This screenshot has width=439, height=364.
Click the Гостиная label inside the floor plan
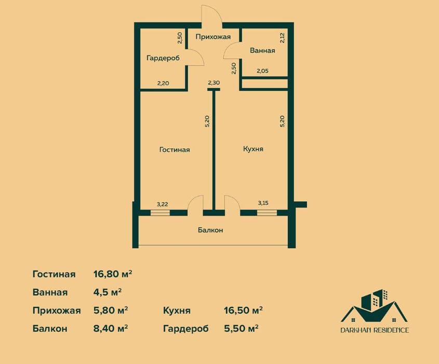pyautogui.click(x=175, y=150)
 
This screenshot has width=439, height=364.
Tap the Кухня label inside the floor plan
pyautogui.click(x=253, y=149)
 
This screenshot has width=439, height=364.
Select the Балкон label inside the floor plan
pyautogui.click(x=210, y=230)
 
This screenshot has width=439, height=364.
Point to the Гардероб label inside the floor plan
pyautogui.click(x=163, y=58)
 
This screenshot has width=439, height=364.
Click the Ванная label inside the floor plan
pyautogui.click(x=262, y=51)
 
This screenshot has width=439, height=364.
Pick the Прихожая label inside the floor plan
pyautogui.click(x=214, y=36)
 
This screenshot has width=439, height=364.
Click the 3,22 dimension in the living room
pyautogui.click(x=164, y=204)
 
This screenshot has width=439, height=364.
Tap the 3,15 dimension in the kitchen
pyautogui.click(x=264, y=204)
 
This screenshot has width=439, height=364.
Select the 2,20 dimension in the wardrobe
pyautogui.click(x=164, y=83)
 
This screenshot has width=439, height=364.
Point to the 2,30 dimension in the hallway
pyautogui.click(x=214, y=83)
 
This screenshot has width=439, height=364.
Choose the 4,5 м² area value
pyautogui.click(x=108, y=292)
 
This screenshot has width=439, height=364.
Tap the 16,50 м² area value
pyautogui.click(x=243, y=310)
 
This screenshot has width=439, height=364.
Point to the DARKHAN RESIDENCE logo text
pyautogui.click(x=375, y=330)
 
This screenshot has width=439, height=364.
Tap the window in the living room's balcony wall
pyautogui.click(x=160, y=212)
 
